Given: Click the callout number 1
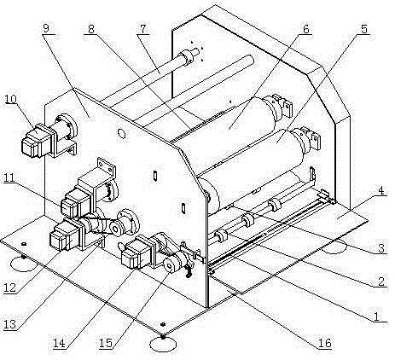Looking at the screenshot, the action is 376,316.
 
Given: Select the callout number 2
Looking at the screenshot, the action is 381,282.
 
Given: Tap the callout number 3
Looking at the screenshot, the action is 381,248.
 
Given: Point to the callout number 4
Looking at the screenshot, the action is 382,190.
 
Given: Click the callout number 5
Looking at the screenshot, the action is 364,29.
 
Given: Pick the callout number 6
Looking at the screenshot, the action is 305,29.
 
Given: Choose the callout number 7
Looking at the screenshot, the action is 142,29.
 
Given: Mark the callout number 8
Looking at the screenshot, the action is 91,29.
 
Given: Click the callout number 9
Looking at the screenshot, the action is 46,28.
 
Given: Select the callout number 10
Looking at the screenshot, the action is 10,99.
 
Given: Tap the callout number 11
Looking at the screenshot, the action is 9,178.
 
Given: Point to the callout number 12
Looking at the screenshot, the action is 9,287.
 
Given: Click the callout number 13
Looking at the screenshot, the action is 9,324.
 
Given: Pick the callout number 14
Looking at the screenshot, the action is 59,343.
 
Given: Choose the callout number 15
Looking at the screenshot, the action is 106,343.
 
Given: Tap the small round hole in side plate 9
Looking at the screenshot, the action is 122,133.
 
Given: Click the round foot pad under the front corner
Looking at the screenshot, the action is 163,344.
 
